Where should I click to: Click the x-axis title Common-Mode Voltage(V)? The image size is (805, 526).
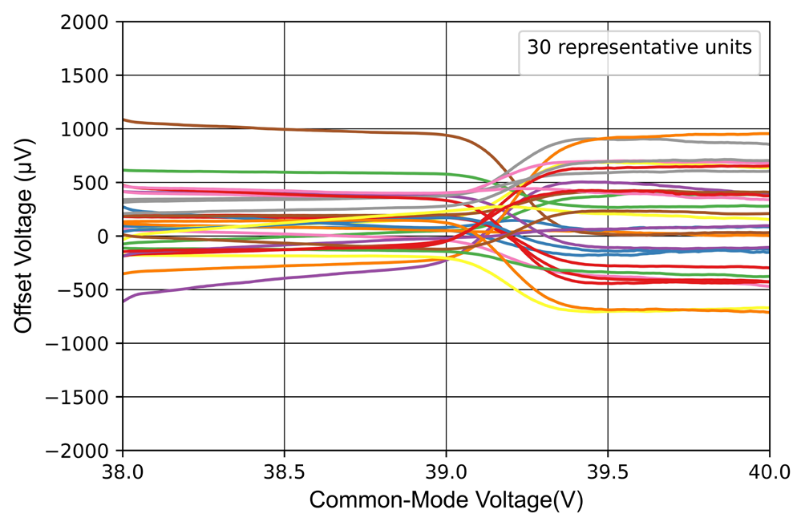pos(446,500)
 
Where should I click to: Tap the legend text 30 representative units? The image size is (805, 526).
pos(639,47)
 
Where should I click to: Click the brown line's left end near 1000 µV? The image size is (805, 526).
pos(125,120)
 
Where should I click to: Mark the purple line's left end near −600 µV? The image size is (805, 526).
pos(125,300)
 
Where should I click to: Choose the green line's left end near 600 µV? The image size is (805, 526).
pos(125,170)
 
